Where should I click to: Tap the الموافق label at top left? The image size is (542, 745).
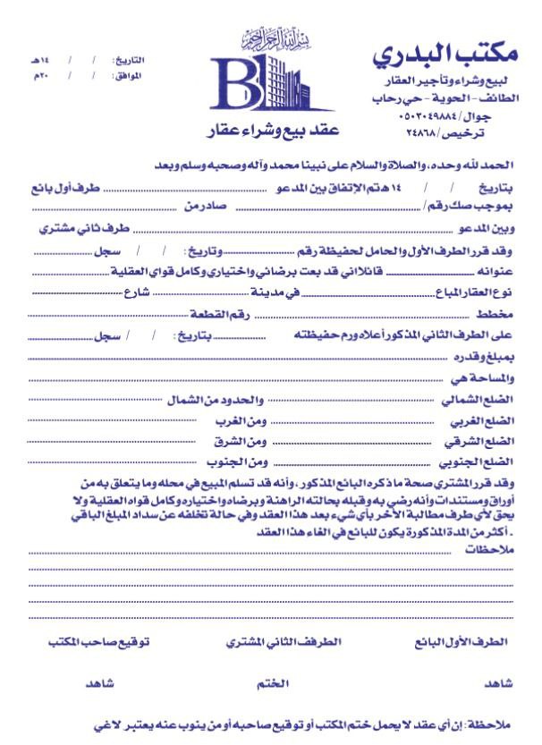pos(130,77)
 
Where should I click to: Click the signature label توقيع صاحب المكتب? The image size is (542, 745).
pos(98,641)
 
